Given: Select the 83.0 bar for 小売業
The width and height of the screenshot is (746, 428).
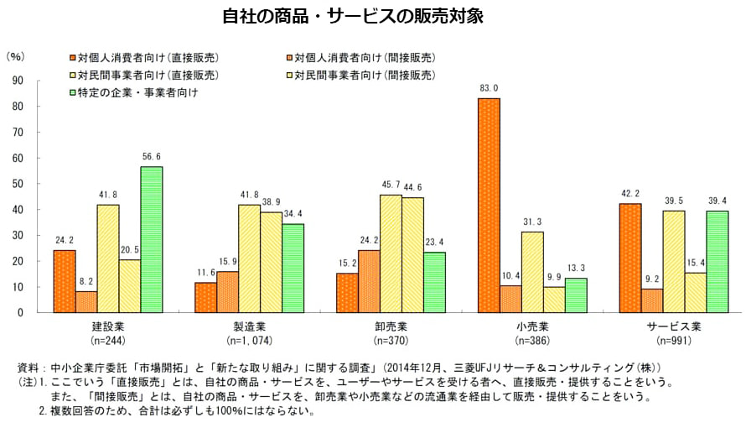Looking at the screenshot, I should [x=489, y=205].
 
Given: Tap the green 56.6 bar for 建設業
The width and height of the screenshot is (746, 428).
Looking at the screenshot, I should [x=152, y=239].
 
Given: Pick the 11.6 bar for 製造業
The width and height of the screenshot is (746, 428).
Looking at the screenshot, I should [x=205, y=297].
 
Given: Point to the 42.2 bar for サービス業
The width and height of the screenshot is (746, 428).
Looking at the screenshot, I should [x=629, y=258].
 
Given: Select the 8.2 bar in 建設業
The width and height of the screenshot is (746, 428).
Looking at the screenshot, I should [x=86, y=301].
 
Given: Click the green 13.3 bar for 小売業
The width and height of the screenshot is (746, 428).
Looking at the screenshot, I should [x=576, y=295].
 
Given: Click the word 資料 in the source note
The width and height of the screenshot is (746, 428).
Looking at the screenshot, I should [x=28, y=368].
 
